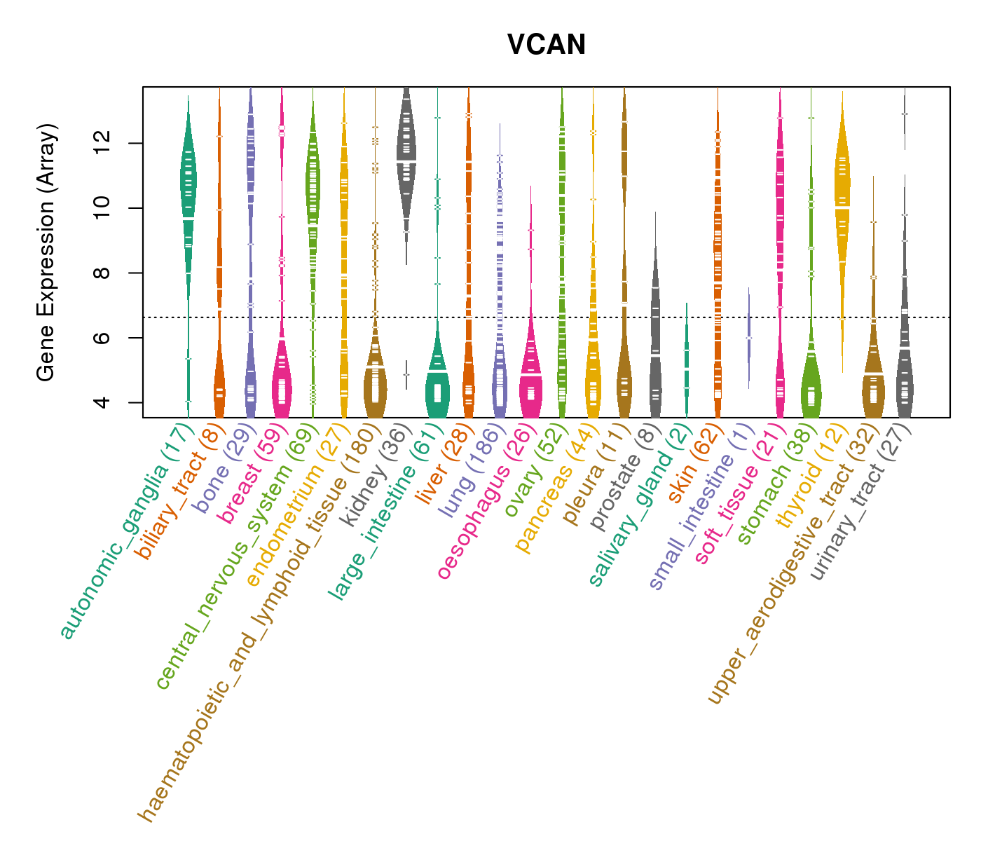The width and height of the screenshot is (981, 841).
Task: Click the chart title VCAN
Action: [x=547, y=46]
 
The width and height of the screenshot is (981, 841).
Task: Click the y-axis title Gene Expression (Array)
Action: [x=46, y=252]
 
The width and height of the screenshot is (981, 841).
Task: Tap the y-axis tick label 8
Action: [x=102, y=273]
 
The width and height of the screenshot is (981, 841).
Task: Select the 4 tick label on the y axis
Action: [x=102, y=402]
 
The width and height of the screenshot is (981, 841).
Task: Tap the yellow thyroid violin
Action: [x=842, y=196]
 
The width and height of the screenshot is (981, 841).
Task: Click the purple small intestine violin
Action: [x=748, y=336]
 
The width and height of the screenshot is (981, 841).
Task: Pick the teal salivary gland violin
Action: [x=687, y=364]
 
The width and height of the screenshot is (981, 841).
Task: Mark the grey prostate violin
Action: [x=655, y=336]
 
